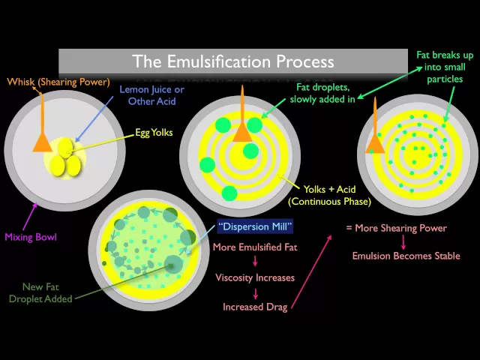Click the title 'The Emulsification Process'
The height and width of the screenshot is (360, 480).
pos(233,61)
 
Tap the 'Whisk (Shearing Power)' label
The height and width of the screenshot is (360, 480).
pos(58,82)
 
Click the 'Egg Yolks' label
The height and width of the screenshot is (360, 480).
pos(154,133)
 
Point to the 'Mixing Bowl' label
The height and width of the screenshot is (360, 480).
pos(31,237)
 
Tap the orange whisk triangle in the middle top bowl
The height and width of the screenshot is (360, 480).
pos(241,132)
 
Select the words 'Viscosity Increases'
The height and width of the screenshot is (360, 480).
pos(254,277)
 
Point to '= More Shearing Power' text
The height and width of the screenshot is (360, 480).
pos(396,228)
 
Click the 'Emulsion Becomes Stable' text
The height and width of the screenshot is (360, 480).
pos(406,256)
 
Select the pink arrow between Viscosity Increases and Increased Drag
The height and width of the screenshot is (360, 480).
pos(254,292)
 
